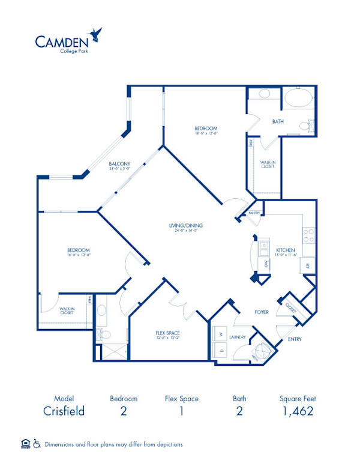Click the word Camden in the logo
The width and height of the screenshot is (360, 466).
(62, 41)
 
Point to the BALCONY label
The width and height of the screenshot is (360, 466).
(120, 164)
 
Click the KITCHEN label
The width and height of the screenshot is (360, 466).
(285, 250)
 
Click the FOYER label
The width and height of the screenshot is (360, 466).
(262, 312)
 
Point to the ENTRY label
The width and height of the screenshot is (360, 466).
(294, 339)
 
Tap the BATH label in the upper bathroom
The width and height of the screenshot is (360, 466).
(278, 121)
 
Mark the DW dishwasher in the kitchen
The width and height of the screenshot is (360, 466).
(265, 264)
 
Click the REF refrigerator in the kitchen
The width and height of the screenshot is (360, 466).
(308, 265)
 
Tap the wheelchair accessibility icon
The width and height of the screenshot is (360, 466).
(37, 444)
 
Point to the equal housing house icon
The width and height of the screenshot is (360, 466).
(25, 444)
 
